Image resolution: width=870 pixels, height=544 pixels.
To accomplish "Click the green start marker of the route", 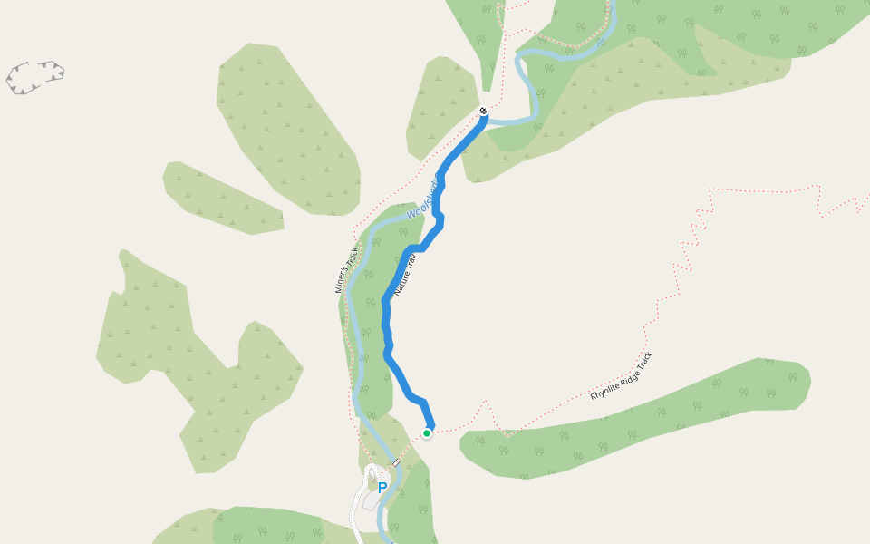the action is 427,433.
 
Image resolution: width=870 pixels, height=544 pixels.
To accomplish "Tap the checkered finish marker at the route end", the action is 483,112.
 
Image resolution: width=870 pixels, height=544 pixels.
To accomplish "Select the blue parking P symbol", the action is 382,488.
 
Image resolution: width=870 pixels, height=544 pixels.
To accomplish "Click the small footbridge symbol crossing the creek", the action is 396,463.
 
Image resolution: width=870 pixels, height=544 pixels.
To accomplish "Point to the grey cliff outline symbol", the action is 35,77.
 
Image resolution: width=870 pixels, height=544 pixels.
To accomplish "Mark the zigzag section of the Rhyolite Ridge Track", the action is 689,245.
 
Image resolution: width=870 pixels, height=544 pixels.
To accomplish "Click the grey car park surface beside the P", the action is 371,497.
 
